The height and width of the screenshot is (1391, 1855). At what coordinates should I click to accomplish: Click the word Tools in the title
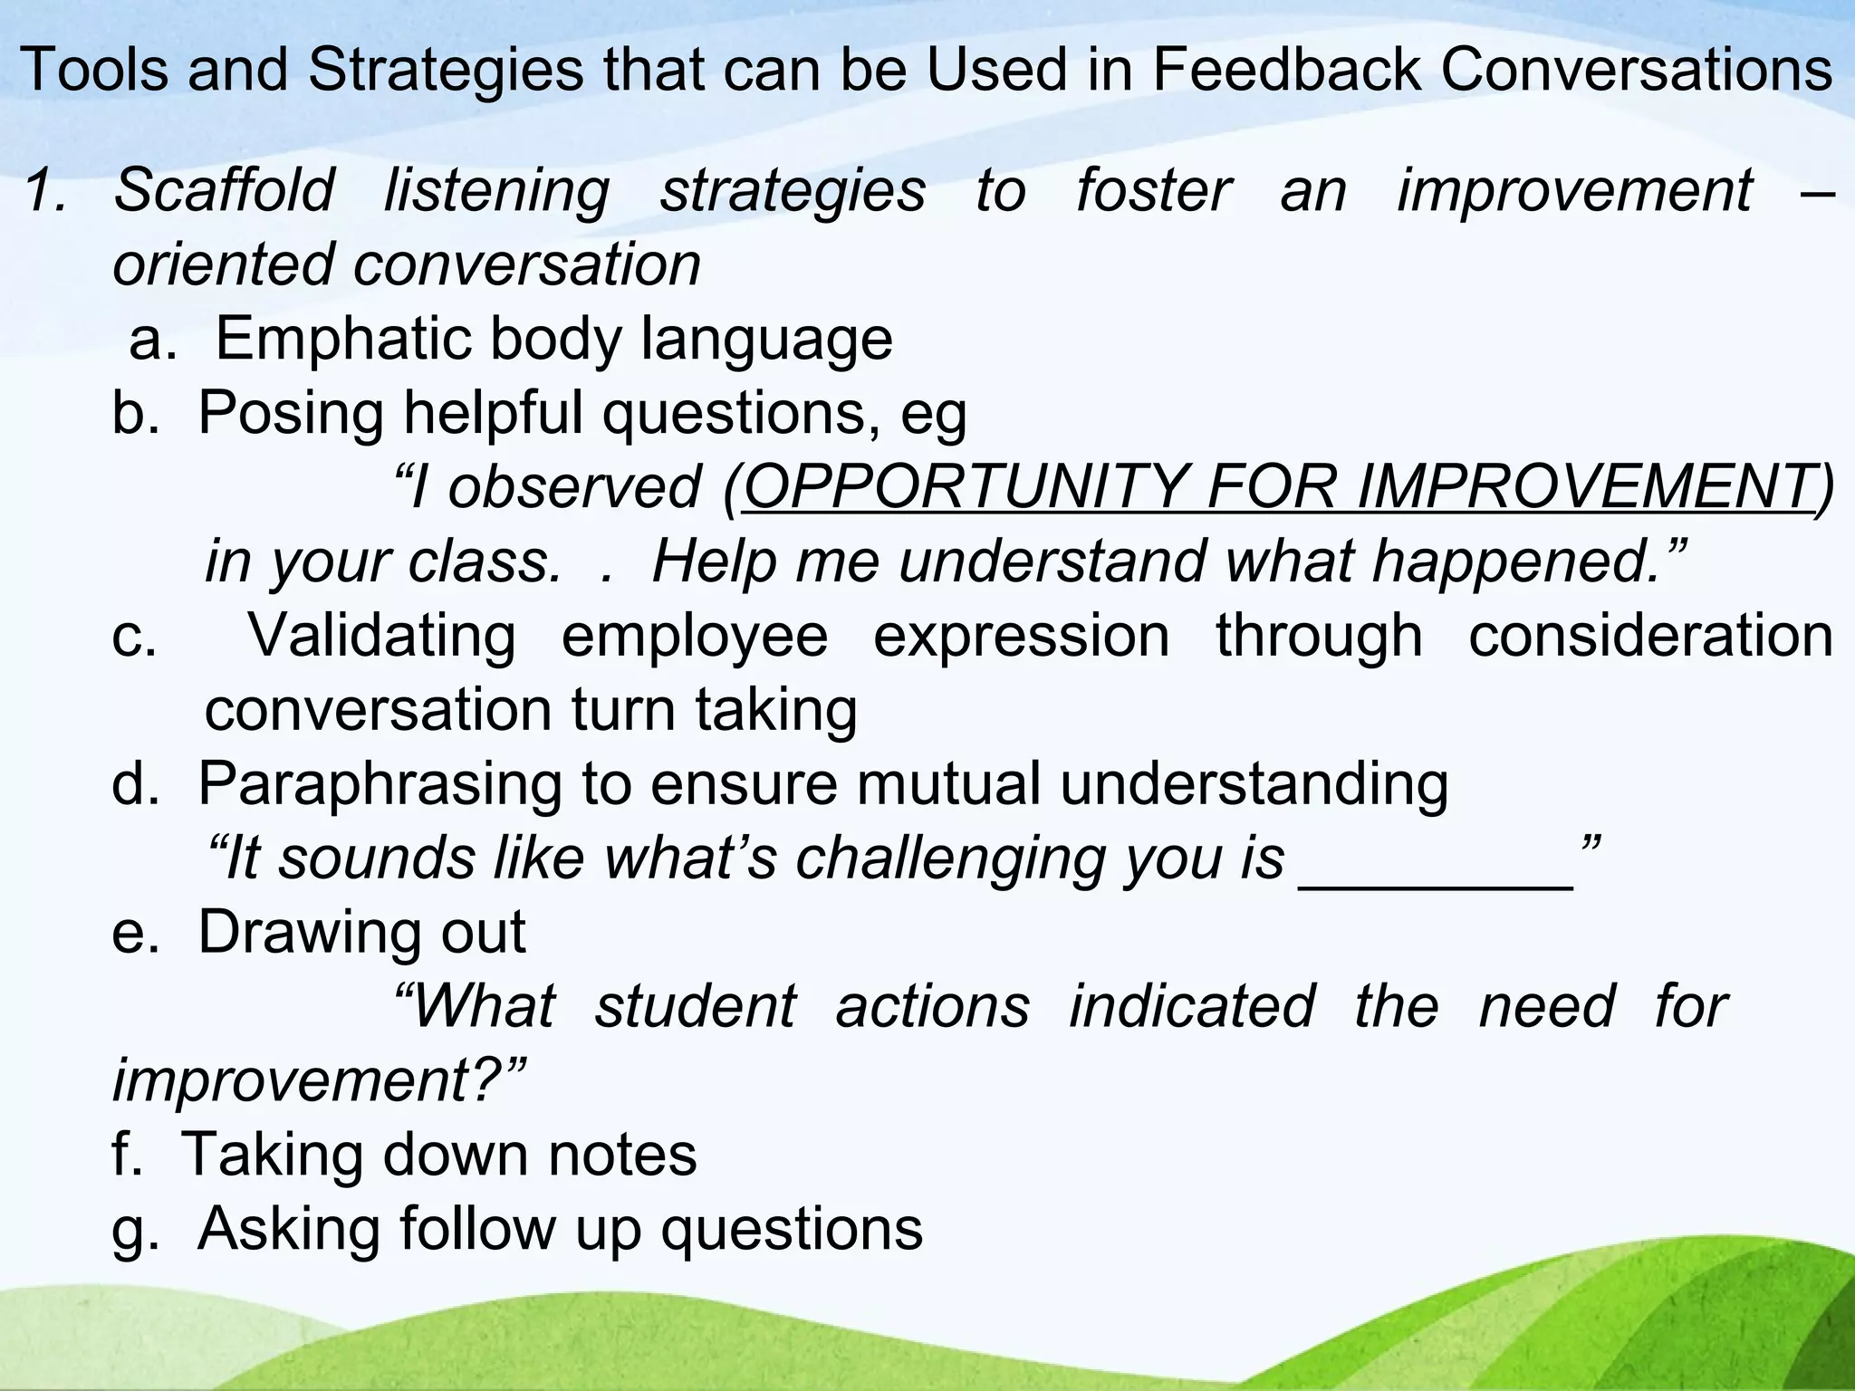point(93,69)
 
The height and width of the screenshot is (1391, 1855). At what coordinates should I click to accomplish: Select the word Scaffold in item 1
point(224,190)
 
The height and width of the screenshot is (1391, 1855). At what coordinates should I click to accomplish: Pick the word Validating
point(381,636)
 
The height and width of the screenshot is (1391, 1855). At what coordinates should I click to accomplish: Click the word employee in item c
point(695,636)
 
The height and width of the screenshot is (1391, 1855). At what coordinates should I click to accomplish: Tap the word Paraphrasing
point(380,784)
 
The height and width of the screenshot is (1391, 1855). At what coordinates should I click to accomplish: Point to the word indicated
point(1192,1007)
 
